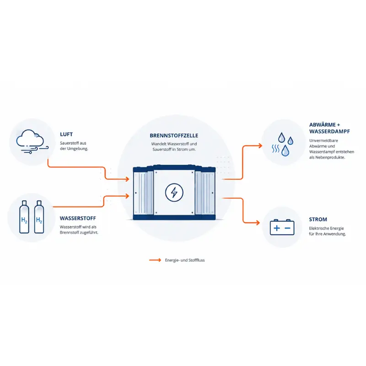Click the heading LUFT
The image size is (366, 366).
tap(66, 134)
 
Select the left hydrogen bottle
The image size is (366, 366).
tap(24, 217)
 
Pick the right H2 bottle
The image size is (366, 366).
tap(39, 217)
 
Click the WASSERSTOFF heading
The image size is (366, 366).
tap(78, 218)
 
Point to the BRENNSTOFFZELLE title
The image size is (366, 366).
tap(174, 135)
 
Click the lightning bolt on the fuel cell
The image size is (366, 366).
tap(174, 193)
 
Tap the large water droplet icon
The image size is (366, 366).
tap(285, 151)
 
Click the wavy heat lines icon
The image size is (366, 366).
tap(275, 148)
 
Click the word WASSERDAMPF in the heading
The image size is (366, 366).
tap(329, 131)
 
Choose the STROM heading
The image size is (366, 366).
tap(318, 220)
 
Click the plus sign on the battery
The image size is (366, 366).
tap(277, 228)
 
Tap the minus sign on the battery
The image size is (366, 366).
tap(288, 228)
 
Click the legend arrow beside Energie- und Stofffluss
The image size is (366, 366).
tap(155, 260)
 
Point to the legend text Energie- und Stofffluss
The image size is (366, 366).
tap(185, 260)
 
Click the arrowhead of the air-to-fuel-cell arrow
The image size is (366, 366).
tap(128, 179)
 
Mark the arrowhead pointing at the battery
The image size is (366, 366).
tap(258, 223)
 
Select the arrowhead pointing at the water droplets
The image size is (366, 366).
tap(260, 146)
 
